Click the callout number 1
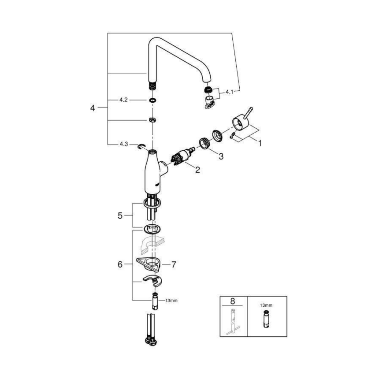click(260, 143)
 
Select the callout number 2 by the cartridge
click(197, 170)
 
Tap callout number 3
click(221, 156)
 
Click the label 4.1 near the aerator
click(230, 92)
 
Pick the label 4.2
click(123, 100)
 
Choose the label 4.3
click(123, 144)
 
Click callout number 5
click(119, 216)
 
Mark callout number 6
click(119, 264)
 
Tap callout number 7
click(174, 264)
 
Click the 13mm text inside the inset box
click(266, 305)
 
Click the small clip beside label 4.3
click(141, 146)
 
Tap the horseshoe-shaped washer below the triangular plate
click(152, 280)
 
